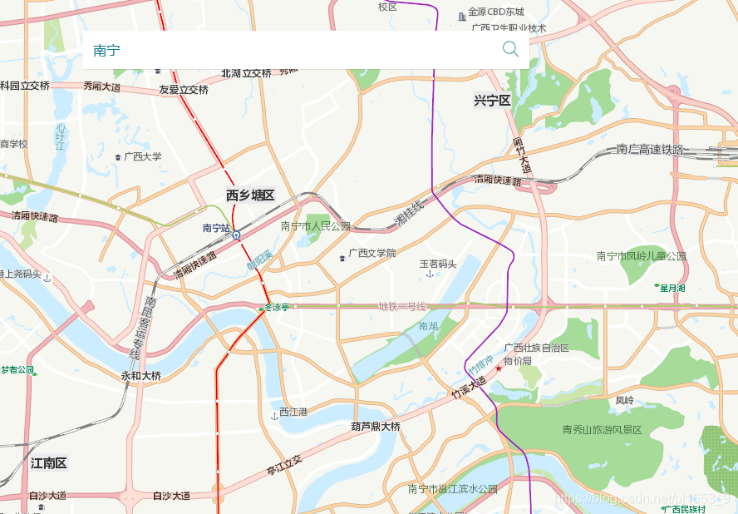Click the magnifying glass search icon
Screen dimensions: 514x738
510,49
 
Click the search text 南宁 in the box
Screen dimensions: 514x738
106,51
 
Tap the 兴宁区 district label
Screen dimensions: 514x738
492,101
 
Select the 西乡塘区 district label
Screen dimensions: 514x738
250,195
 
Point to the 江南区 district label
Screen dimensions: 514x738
48,463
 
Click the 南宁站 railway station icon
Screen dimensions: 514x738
237,235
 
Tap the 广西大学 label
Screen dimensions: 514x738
142,156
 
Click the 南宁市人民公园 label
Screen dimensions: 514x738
316,226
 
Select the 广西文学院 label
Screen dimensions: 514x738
372,253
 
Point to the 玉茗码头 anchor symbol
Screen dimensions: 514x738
430,274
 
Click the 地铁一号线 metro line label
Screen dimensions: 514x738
402,306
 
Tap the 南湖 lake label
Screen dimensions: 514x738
428,326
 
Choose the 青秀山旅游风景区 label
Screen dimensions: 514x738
603,430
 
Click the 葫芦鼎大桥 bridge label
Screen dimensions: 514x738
376,427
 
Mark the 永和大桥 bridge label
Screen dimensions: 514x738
141,376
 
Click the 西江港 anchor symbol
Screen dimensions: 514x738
274,415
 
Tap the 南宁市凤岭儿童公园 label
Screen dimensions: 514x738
642,256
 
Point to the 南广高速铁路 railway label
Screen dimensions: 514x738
650,150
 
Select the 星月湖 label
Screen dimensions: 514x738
672,288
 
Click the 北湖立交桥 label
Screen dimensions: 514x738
246,73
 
